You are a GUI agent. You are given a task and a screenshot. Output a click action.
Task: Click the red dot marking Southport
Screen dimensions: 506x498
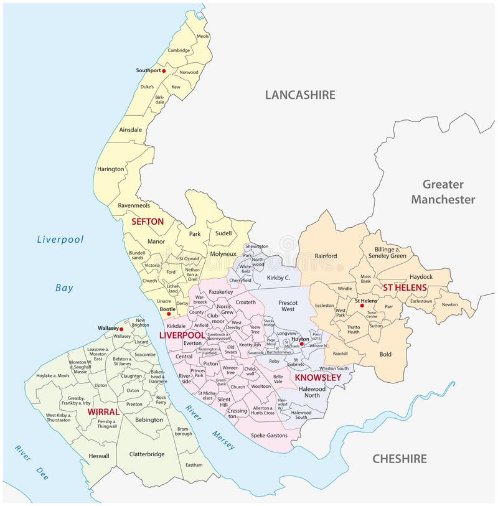(164, 71)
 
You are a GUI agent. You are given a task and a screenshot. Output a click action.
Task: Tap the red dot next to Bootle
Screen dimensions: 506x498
(169, 314)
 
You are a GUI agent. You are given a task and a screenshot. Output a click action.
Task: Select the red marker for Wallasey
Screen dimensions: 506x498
(122, 329)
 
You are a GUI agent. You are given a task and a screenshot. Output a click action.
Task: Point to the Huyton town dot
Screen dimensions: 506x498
(301, 344)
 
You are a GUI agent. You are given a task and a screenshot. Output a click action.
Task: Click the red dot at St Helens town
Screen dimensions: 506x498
(362, 306)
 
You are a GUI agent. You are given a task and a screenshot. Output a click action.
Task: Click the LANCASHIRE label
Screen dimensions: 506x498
(300, 95)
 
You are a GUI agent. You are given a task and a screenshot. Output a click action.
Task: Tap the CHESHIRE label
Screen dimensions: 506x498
(399, 459)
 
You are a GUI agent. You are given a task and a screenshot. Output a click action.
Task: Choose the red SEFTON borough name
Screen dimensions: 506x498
(147, 221)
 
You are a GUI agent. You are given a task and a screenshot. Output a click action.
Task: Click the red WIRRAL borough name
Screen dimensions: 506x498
(103, 412)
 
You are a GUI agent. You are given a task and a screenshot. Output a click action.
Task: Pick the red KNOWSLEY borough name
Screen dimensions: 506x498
(318, 378)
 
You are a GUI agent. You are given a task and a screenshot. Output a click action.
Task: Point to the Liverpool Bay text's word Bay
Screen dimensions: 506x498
(63, 288)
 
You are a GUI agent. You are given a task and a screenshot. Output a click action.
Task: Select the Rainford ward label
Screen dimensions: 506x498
(326, 256)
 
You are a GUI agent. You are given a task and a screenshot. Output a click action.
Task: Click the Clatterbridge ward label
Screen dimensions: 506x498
(146, 454)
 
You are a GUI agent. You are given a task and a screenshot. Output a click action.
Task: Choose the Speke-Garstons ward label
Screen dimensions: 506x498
(269, 436)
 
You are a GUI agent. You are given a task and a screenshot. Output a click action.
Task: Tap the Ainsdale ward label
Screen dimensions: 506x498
(130, 129)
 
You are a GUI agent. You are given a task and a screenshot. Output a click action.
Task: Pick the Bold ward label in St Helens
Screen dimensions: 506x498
(385, 354)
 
